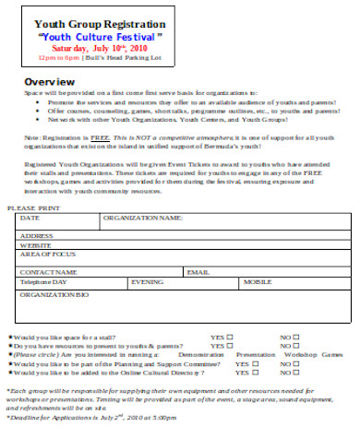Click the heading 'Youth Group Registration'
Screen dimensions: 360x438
[x=92, y=24]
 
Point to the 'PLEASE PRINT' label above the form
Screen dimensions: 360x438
[x=34, y=209]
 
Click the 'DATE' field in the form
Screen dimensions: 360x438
[x=30, y=219]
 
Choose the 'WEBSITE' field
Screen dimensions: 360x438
[x=36, y=245]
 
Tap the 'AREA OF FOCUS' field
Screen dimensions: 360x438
[x=45, y=254]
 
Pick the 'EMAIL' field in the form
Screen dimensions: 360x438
[x=198, y=273]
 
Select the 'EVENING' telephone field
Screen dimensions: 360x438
[x=148, y=281]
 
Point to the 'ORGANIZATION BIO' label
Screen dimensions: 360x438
[x=54, y=294]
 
